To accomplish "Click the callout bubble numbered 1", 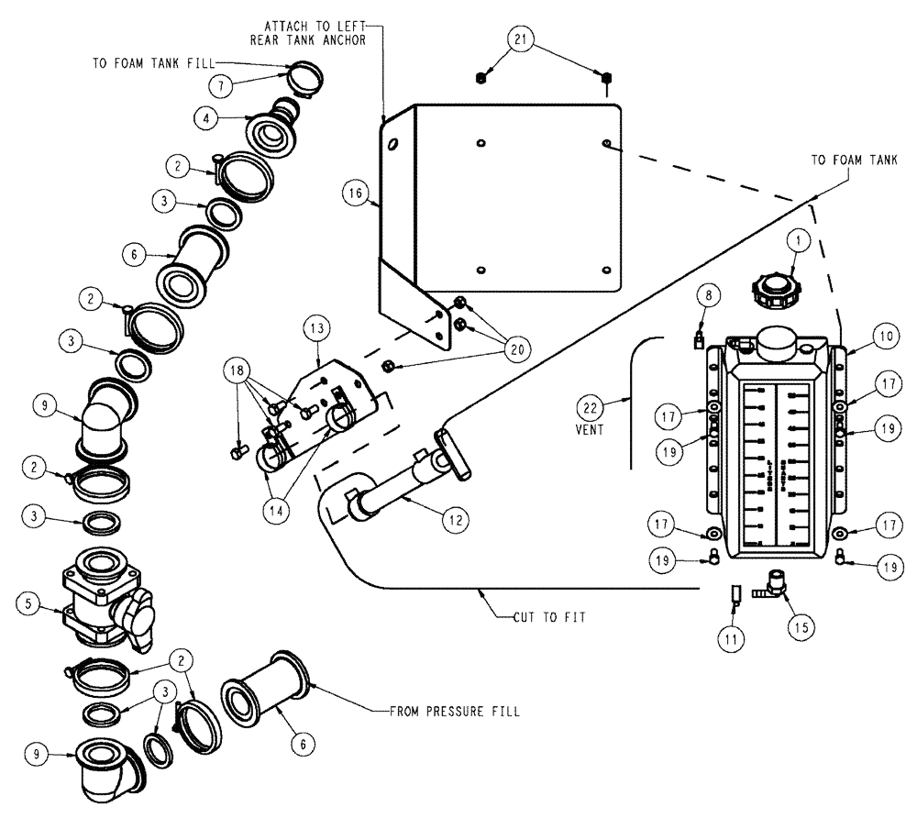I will tap(798, 241).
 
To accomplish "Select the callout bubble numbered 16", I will tap(354, 193).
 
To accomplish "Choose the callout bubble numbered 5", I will tap(29, 603).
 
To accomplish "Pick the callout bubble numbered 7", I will tap(219, 85).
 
